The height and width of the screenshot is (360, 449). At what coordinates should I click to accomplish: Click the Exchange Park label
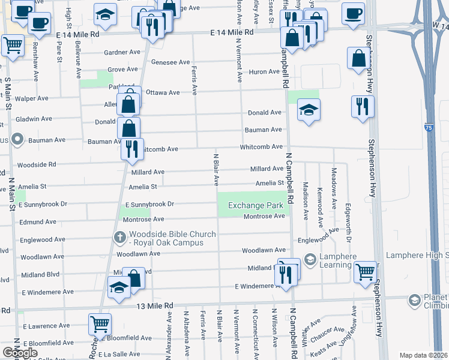click(x=255, y=206)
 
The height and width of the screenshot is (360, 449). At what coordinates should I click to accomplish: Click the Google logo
click(x=20, y=353)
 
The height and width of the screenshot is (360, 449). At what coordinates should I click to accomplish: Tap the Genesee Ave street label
click(x=170, y=62)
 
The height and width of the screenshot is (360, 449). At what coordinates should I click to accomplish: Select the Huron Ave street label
click(x=265, y=71)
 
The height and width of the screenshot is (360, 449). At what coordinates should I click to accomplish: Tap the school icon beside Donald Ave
click(x=309, y=109)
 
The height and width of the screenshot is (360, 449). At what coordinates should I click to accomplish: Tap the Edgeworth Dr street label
click(x=348, y=223)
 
